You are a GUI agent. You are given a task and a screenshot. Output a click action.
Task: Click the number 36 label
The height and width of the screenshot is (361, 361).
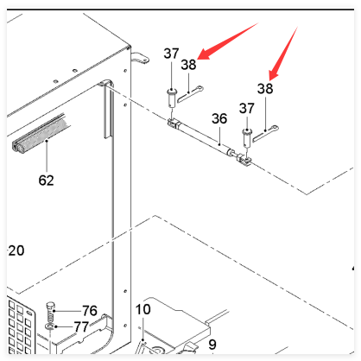point(219,118)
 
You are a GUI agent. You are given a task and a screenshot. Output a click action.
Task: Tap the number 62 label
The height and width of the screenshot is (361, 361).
point(46,180)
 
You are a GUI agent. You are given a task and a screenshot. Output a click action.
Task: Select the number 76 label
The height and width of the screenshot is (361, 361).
point(90,311)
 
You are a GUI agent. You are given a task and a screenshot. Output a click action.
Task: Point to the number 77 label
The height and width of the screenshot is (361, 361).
point(81,326)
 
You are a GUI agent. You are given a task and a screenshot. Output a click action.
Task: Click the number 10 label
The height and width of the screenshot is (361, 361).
point(142,309)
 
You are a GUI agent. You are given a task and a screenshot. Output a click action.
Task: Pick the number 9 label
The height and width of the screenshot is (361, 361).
point(212,345)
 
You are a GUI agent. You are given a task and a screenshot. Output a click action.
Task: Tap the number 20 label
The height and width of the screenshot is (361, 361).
point(16,250)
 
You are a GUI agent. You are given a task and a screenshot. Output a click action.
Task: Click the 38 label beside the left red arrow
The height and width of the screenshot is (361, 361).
point(188,65)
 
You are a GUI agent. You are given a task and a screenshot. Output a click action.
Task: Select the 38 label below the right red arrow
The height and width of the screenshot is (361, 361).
point(265,89)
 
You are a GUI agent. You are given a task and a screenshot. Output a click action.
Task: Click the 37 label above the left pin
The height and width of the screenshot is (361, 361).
point(171,54)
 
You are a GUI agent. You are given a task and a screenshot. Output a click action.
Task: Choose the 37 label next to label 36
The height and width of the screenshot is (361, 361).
point(247,108)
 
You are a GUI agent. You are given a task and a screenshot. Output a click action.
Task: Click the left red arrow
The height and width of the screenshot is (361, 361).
point(227,41)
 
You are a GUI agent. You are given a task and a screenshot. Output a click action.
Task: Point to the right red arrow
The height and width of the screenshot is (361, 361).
point(283,54)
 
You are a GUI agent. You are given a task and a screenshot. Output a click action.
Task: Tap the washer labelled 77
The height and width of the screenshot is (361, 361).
point(50,326)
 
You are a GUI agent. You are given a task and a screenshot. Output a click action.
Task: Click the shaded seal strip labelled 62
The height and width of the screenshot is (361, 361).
point(41,134)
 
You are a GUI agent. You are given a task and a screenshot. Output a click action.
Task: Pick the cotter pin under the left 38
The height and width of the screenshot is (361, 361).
point(190,93)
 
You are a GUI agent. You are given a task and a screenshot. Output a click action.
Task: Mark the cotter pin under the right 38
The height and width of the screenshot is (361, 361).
point(265,133)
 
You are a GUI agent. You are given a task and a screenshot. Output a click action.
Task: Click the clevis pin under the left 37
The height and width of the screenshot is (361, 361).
point(171,98)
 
